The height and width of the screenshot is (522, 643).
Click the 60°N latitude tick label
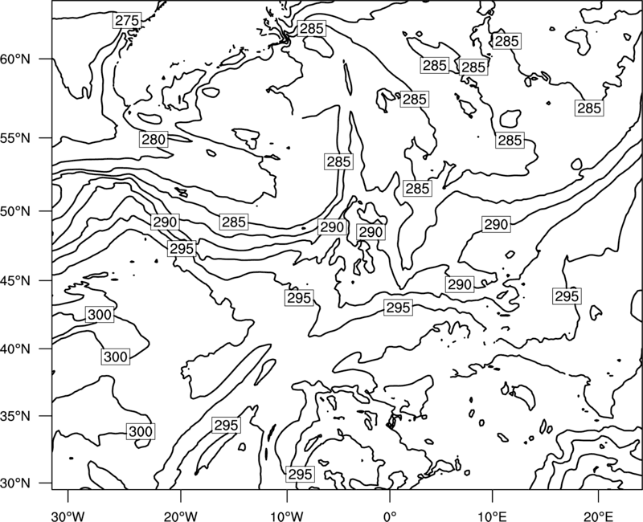tap(15, 59)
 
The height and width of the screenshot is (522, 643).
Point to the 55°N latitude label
tap(15, 138)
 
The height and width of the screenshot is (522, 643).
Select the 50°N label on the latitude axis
tap(15, 211)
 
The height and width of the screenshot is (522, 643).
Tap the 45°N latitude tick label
tap(15, 280)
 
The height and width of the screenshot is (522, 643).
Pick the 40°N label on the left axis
tap(15, 349)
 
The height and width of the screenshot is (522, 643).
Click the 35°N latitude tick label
tap(15, 416)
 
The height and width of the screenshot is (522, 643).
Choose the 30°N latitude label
tap(15, 483)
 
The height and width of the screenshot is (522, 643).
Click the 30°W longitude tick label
tap(68, 516)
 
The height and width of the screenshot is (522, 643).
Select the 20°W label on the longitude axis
tap(181, 516)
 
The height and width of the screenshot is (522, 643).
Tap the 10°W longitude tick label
tap(287, 516)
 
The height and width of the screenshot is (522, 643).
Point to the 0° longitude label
tap(390, 516)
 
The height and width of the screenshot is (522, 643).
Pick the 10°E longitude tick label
tap(492, 516)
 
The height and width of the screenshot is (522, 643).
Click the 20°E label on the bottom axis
tap(598, 516)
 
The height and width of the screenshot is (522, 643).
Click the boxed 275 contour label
tap(127, 21)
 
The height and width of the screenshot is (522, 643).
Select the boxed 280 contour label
tap(154, 139)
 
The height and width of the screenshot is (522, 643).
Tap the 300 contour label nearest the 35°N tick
tap(141, 431)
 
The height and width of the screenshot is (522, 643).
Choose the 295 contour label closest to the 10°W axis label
tap(301, 474)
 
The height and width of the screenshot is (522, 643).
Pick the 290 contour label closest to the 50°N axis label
tap(165, 222)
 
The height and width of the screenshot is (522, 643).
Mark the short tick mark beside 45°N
tap(46, 280)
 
